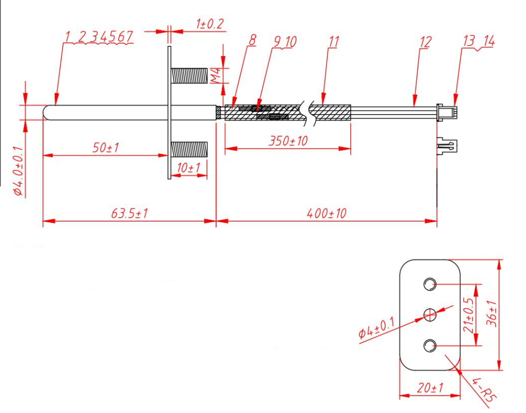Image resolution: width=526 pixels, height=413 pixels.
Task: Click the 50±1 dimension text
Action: coord(106,148)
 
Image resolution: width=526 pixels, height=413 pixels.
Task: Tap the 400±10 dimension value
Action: coord(327,213)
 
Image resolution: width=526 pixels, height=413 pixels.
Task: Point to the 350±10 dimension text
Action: coord(288,142)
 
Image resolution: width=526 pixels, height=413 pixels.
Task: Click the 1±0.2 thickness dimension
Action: coord(209,24)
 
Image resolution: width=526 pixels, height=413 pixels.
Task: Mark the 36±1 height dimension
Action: coord(493,314)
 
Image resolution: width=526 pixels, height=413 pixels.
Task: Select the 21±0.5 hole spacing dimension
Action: coord(467,315)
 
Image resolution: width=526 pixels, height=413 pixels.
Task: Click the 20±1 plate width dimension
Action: coord(430,388)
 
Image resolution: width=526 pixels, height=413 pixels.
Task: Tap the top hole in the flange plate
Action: coord(430,285)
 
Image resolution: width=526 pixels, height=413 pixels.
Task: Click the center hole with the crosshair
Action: coord(430,315)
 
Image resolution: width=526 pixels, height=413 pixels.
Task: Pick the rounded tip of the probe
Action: coord(46,112)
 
